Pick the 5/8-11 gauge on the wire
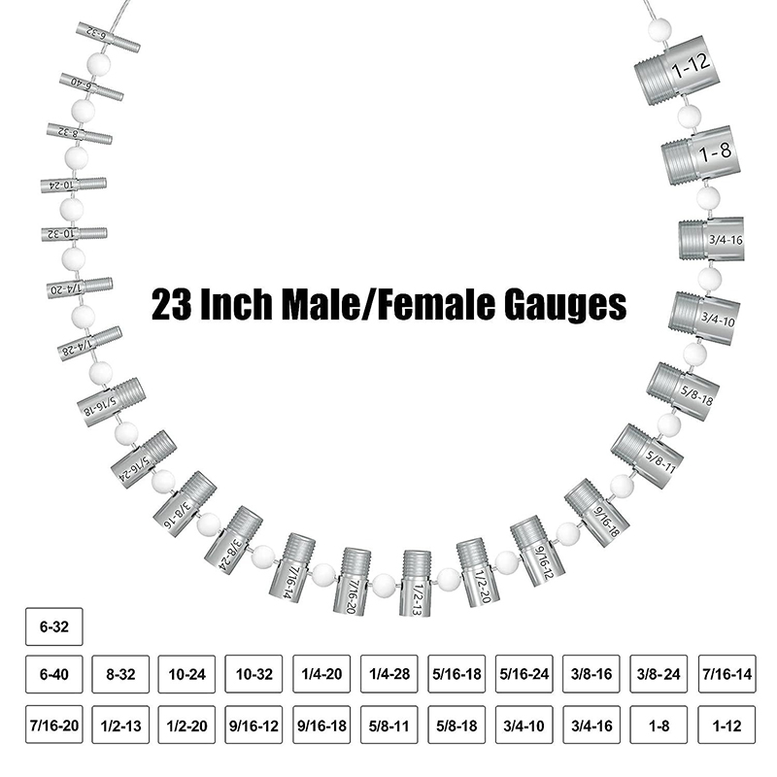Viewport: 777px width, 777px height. click(x=647, y=455)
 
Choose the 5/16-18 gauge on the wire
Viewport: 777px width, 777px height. click(x=111, y=401)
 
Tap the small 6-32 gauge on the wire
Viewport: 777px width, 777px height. click(x=108, y=39)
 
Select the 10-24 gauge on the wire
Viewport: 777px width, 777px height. click(x=73, y=184)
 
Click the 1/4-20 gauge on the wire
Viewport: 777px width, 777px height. click(x=79, y=287)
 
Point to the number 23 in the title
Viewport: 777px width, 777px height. click(x=173, y=305)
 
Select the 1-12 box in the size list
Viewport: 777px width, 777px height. click(x=725, y=725)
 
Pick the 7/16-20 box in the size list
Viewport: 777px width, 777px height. click(x=54, y=725)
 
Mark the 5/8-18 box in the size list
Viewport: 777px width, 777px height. click(x=456, y=725)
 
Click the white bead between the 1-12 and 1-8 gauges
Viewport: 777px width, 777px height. click(x=689, y=117)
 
